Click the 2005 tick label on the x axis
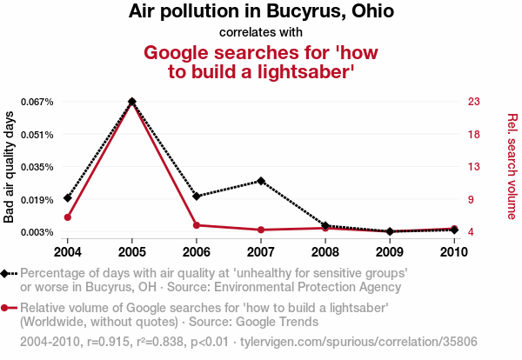131,252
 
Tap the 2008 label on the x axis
325,252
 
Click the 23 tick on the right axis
473,102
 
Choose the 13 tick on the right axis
473,167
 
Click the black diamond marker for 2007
261,181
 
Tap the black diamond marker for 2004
67,198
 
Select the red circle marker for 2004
67,217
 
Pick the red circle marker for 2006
197,225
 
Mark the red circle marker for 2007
261,230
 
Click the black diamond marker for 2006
197,197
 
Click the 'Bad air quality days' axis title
10,167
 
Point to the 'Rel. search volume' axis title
512,167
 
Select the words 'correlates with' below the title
260,33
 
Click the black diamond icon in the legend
7,273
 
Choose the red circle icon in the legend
7,308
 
